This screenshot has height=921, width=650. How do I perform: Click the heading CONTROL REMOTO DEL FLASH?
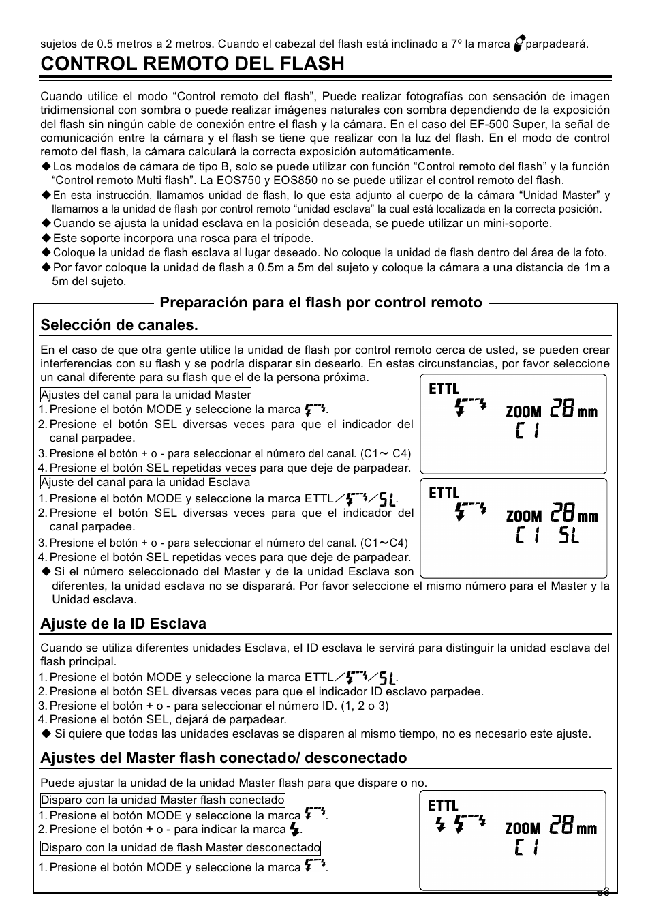[193, 64]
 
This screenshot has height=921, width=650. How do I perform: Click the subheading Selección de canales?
[119, 325]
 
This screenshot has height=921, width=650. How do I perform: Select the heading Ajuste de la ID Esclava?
[123, 624]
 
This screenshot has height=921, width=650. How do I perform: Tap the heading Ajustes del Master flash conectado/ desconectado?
[223, 758]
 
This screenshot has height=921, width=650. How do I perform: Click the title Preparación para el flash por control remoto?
[321, 303]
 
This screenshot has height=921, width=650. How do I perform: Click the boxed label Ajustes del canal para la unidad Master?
[146, 395]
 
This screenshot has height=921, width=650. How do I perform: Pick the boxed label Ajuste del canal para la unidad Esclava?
[146, 483]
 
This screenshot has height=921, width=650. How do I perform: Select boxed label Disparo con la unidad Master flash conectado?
[163, 800]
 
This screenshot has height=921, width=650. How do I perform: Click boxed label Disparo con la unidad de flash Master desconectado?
[181, 848]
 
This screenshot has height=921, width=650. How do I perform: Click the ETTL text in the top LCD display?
[444, 389]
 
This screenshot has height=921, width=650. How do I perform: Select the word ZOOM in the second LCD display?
[523, 516]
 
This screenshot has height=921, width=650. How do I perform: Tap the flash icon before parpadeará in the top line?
[519, 44]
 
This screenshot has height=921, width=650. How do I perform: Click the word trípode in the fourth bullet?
[293, 238]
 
